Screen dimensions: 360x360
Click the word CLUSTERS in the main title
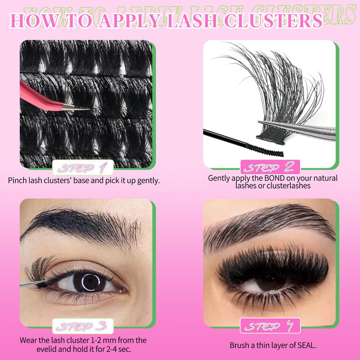pos(275,21)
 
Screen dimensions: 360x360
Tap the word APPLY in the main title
pos(132,21)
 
